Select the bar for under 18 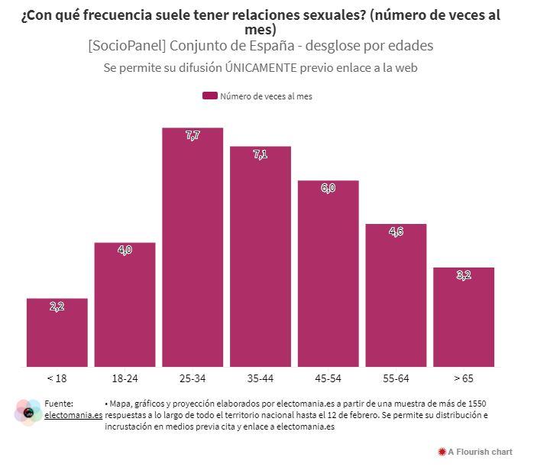[57, 332]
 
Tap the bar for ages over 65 [464, 317]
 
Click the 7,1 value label [261, 154]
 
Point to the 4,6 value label [396, 232]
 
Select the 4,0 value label [125, 250]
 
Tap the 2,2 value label [57, 306]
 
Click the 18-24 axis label [125, 378]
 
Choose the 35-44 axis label [261, 378]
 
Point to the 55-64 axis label [396, 378]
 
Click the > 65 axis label [464, 378]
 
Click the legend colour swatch [210, 96]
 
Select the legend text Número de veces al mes [266, 96]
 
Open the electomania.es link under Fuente [73, 415]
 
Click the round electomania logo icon [28, 413]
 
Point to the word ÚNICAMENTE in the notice [260, 67]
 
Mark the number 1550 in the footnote [474, 403]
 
